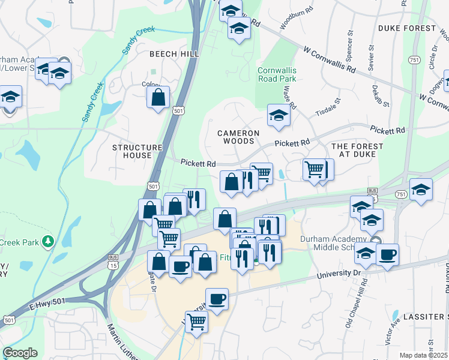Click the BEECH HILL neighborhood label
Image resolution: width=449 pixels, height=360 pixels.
174,54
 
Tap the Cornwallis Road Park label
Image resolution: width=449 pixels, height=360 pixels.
277,74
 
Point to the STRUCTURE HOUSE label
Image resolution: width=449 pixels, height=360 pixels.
137,151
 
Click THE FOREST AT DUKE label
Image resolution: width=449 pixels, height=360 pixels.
357,150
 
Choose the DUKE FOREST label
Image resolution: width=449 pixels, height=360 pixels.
407,28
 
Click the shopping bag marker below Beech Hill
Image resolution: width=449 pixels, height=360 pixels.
158,98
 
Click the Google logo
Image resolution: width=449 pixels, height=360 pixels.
20,353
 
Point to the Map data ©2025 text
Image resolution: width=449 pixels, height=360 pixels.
423,355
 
